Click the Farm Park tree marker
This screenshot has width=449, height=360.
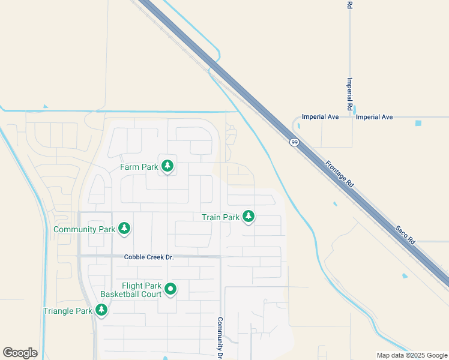point(167,166)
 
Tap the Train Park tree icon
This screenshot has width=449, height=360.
point(248,217)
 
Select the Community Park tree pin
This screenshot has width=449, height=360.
point(124,228)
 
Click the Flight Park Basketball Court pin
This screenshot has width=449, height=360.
point(170,290)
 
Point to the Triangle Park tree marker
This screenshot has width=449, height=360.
point(101,310)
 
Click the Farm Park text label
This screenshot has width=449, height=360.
point(139,167)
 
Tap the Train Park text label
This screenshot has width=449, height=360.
point(220,218)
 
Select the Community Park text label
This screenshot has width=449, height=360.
point(84,229)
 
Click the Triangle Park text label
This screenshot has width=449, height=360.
point(68,311)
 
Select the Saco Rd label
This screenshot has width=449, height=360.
point(405,233)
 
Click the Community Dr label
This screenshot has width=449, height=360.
point(220,338)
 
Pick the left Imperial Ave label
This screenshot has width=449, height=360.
point(321,117)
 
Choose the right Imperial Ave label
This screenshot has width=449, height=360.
point(374,117)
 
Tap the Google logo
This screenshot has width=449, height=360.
point(20,353)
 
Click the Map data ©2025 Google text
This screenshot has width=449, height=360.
point(412,355)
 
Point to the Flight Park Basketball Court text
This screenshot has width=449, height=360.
point(139,290)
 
